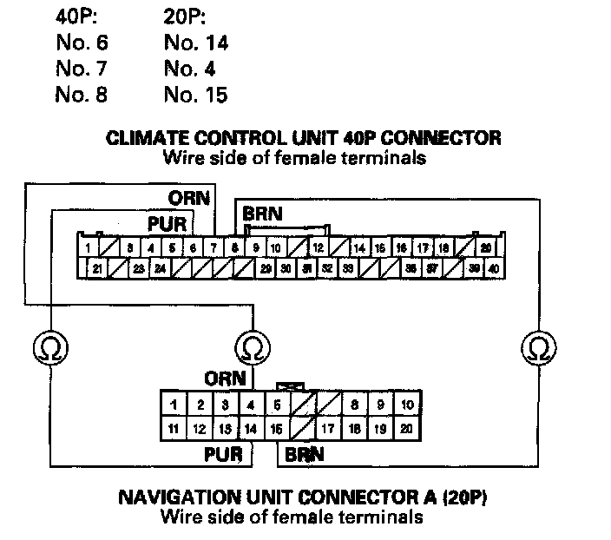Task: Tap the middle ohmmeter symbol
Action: [252, 348]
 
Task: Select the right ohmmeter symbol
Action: [539, 348]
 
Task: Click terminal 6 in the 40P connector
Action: [193, 248]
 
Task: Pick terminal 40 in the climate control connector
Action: [494, 269]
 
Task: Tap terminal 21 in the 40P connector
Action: [97, 269]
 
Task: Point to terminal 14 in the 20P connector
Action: [251, 428]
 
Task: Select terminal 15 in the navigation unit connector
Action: [276, 428]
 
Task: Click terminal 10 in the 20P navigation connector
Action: [406, 405]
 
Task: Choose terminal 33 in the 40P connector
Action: [347, 269]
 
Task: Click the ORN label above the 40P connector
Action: [189, 198]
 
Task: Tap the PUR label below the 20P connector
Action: [223, 452]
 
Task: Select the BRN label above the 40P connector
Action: [262, 214]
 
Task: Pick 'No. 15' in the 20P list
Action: [195, 95]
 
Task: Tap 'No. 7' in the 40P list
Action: [82, 69]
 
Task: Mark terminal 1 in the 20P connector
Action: [174, 405]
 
